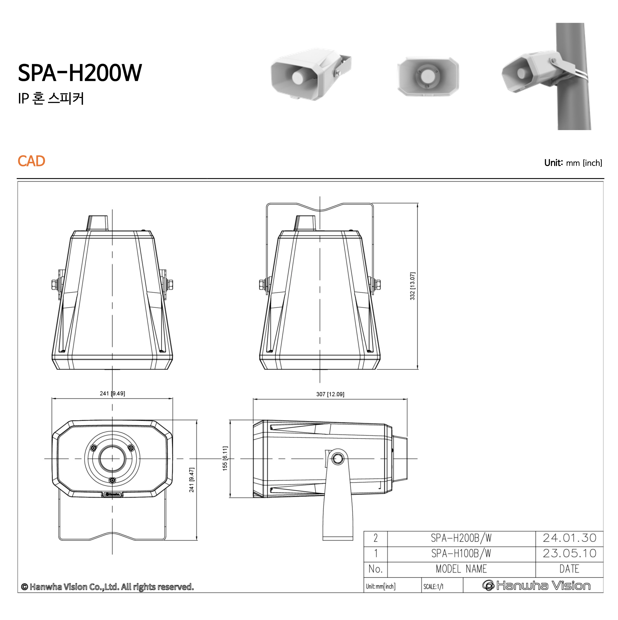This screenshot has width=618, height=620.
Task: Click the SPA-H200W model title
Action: [x=80, y=72]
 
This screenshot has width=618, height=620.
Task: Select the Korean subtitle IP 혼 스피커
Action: [x=51, y=98]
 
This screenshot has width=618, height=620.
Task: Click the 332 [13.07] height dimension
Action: [x=413, y=286]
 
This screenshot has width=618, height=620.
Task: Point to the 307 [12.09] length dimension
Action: [x=330, y=394]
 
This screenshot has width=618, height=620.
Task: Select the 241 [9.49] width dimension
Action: [x=112, y=394]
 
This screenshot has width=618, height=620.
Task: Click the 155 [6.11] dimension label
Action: [x=225, y=458]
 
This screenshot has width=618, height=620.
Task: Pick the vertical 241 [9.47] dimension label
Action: [x=192, y=480]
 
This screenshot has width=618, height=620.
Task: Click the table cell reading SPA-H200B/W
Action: [x=461, y=538]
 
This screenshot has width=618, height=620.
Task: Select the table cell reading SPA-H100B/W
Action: [x=461, y=554]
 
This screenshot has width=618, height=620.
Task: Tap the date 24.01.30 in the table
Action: [x=569, y=538]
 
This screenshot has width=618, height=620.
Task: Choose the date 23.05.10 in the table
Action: [x=569, y=554]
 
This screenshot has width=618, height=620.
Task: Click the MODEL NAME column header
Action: [x=461, y=569]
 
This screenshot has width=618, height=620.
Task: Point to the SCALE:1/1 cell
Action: [x=434, y=587]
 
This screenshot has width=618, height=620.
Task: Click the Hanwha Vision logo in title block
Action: [x=536, y=586]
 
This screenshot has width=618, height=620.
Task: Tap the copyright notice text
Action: [x=108, y=587]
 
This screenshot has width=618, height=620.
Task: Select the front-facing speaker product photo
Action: [x=428, y=76]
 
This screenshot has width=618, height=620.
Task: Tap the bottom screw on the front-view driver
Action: [x=112, y=480]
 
